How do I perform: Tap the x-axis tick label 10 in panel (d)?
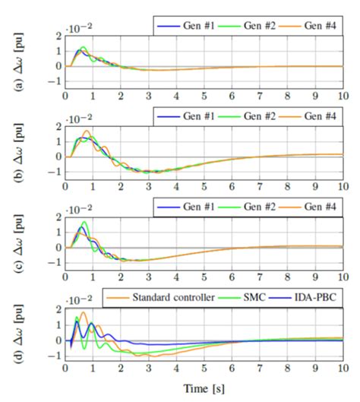click(343, 371)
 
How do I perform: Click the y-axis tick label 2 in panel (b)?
click(57, 126)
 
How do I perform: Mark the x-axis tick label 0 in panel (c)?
click(66, 279)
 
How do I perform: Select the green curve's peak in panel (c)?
click(84, 222)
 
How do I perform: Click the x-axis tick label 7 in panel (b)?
click(260, 188)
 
